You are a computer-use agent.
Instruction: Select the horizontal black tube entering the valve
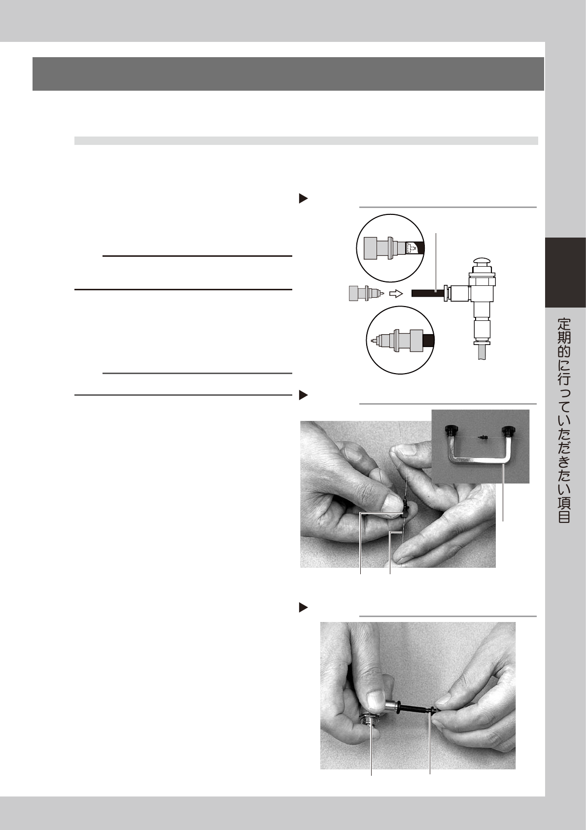coord(428,293)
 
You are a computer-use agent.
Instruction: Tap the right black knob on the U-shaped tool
coord(506,431)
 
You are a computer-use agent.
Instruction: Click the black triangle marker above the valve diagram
coord(304,199)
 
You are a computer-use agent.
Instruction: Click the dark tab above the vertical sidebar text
coord(565,273)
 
